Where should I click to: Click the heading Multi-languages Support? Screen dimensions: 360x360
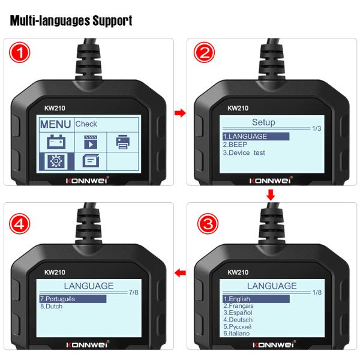(71, 21)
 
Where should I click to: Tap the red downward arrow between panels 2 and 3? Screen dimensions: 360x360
(271, 195)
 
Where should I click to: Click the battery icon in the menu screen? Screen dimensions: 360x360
(56, 142)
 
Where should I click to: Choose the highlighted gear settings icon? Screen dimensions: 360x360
(56, 160)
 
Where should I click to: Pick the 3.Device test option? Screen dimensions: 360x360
(244, 153)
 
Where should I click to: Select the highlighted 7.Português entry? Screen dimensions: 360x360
(60, 299)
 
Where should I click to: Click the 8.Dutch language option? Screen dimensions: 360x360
(52, 307)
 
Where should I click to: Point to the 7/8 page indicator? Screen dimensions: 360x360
(134, 292)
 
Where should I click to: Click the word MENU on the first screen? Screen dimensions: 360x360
(55, 124)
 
